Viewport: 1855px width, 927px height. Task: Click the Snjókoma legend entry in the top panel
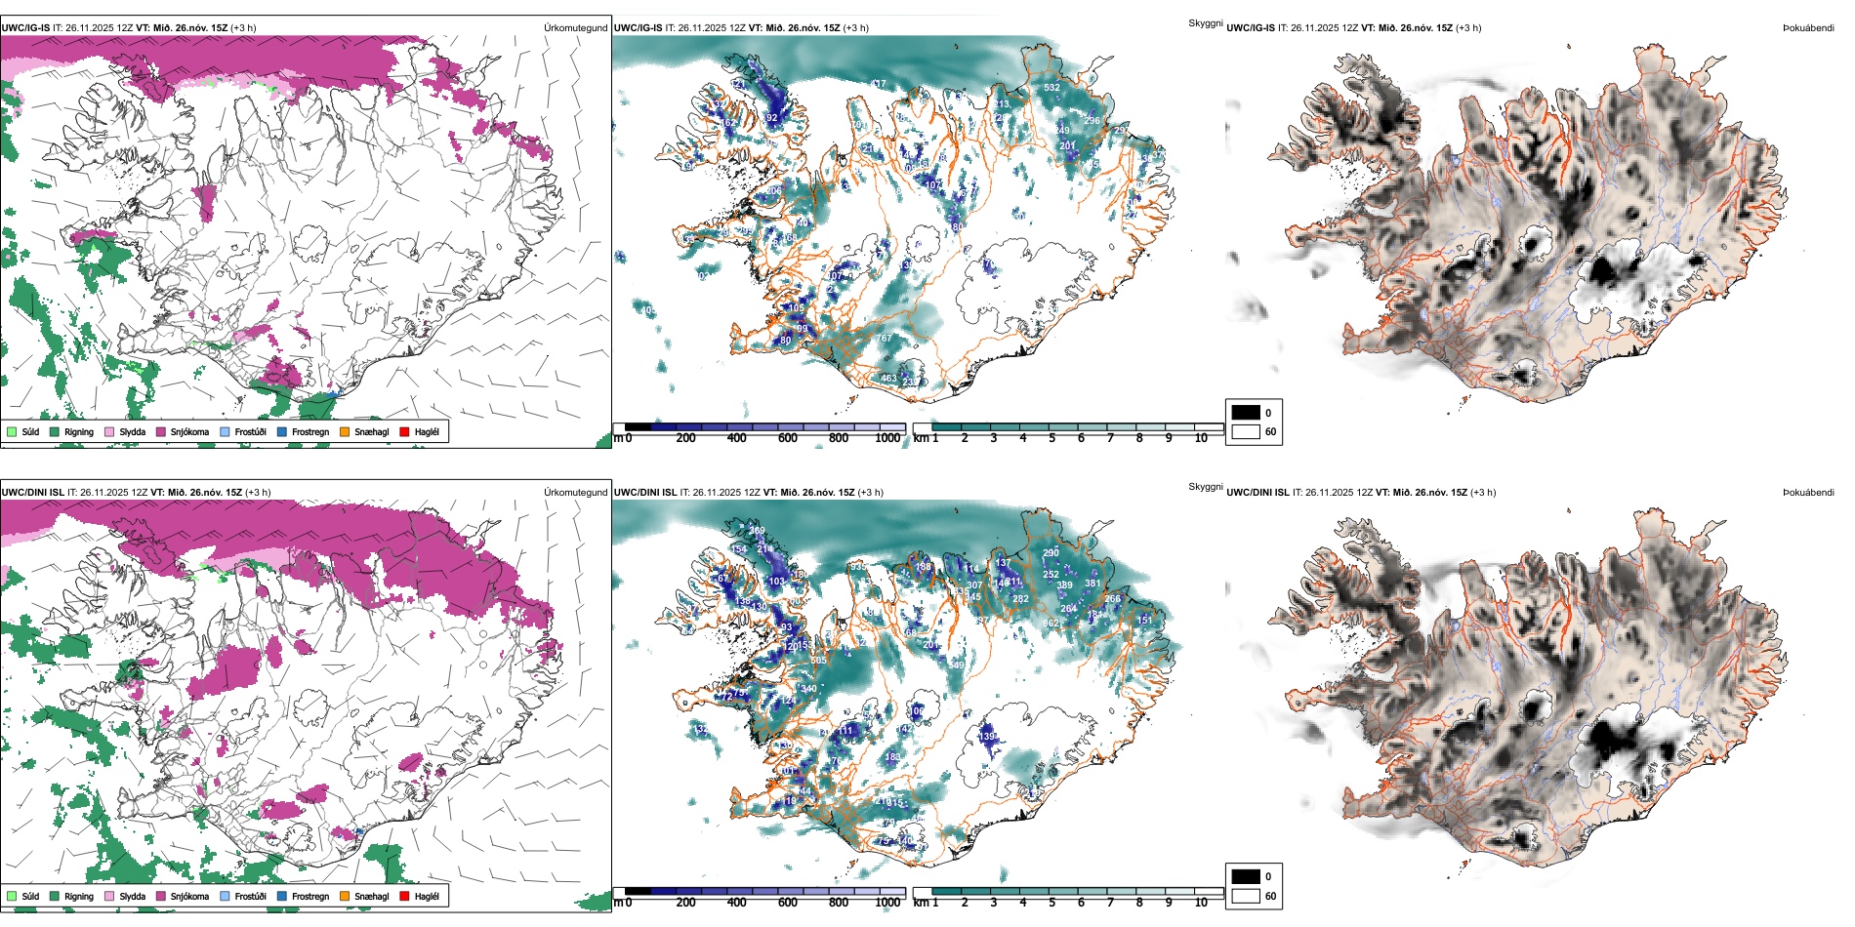(189, 432)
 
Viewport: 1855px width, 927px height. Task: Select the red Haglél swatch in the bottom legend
(404, 897)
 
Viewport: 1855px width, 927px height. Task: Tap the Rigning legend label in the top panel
(78, 432)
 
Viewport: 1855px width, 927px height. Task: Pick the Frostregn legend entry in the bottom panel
(309, 897)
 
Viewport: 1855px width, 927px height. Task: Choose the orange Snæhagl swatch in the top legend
(345, 432)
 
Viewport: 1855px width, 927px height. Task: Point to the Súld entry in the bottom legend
(30, 897)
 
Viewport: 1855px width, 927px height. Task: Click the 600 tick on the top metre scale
(788, 438)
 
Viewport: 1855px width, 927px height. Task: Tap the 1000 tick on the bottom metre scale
(887, 903)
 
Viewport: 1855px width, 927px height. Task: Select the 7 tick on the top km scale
(1110, 438)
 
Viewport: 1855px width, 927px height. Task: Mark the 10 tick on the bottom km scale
(1201, 903)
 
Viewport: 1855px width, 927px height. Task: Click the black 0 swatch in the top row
(1246, 413)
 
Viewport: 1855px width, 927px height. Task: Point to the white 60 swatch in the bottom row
(1246, 896)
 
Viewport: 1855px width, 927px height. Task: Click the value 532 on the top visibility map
(1051, 88)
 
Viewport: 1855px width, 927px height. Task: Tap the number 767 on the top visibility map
(884, 339)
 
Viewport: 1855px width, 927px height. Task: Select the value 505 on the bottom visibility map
(818, 661)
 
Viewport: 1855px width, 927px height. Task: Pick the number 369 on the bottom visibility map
(757, 531)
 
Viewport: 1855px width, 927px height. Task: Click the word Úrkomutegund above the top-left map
(575, 28)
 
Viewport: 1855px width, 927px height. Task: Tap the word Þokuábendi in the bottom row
(1808, 493)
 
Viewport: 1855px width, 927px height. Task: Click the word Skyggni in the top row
(1205, 22)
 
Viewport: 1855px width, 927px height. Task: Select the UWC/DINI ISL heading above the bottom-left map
(32, 493)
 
